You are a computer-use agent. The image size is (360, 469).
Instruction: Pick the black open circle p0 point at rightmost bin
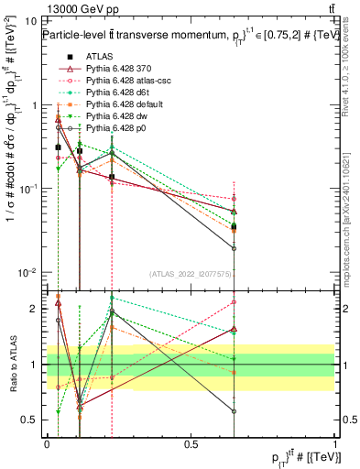point(234,248)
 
